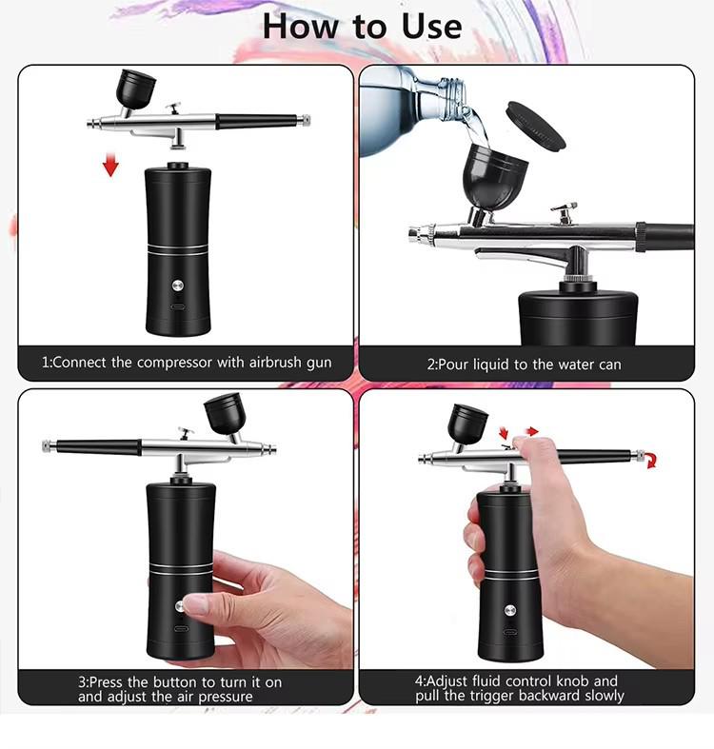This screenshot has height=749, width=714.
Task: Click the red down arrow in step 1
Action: point(111,166)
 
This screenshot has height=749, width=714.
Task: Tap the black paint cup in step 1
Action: point(132,89)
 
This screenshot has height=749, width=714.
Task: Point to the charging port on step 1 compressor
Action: point(177,306)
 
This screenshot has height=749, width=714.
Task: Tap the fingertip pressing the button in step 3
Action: point(193,604)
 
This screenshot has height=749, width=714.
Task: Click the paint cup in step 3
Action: point(224,416)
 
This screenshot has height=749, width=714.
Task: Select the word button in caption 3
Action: point(188,681)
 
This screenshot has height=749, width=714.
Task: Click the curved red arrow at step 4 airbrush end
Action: point(650,462)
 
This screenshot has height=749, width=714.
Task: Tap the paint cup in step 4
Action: point(467,424)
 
